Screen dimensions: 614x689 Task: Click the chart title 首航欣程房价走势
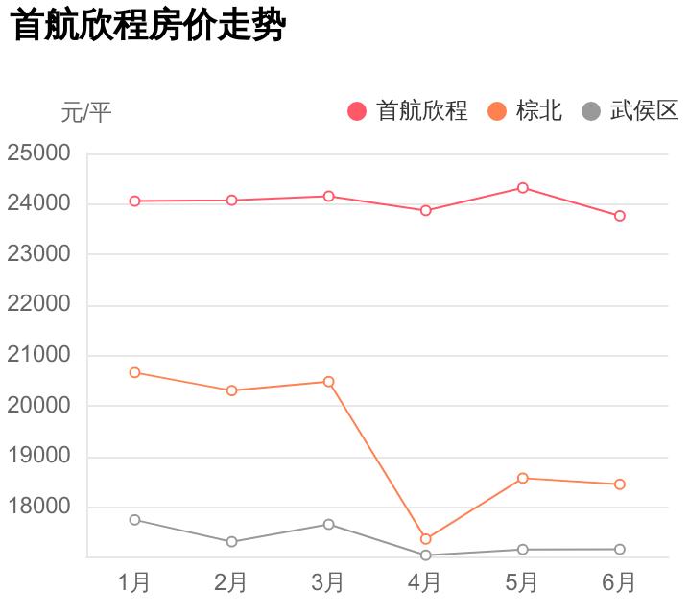click(x=149, y=26)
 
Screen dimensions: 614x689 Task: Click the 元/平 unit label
click(x=86, y=113)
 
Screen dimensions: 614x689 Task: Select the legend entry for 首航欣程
click(x=408, y=111)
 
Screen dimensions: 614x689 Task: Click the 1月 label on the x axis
click(x=134, y=582)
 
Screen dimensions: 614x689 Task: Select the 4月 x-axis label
click(x=425, y=582)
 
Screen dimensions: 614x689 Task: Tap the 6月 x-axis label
click(x=619, y=582)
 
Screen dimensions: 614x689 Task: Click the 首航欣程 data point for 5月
click(x=523, y=188)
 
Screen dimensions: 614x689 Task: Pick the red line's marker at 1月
click(x=135, y=201)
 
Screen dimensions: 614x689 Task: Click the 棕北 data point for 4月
click(x=426, y=539)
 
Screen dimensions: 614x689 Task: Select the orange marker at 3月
click(x=329, y=382)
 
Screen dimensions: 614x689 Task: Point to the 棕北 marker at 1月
click(x=135, y=372)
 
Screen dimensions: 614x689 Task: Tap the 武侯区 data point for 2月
click(x=232, y=542)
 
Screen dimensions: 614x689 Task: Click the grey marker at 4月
click(x=426, y=555)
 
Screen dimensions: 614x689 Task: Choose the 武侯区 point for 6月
click(x=620, y=550)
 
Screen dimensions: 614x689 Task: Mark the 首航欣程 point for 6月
click(x=620, y=216)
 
